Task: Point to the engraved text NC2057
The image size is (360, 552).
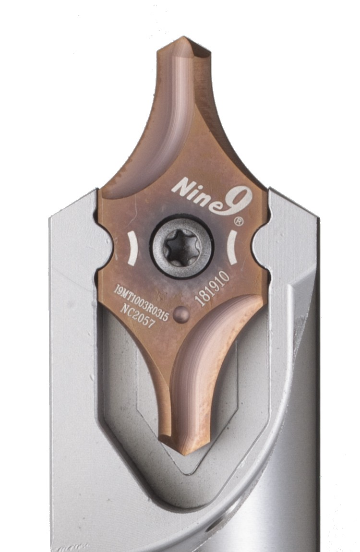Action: (x=137, y=315)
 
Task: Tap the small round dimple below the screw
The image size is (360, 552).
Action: (x=182, y=313)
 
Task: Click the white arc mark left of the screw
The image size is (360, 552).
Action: (x=132, y=248)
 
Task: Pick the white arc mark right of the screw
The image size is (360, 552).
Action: (x=231, y=247)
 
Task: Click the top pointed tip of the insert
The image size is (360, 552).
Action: (x=183, y=36)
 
